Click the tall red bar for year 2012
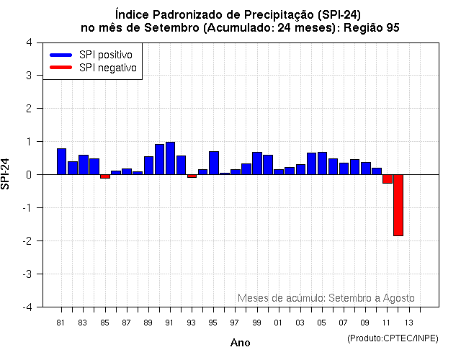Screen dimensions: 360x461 tap(398, 205)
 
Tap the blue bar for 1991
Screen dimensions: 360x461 tap(170, 158)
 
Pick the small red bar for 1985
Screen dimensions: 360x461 tap(104, 176)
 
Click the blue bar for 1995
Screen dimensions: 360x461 tap(214, 163)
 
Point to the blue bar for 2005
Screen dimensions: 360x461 tap(322, 163)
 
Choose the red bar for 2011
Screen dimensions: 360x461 tap(387, 179)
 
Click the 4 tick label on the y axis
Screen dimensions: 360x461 tap(28, 42)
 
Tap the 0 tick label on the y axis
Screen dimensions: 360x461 tap(28, 175)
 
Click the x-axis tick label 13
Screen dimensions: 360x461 tap(408, 322)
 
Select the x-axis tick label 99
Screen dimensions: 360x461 tap(257, 322)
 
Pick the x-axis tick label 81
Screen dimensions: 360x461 tap(61, 322)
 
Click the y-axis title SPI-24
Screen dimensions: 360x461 tap(6, 174)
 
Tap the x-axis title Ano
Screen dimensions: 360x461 tap(241, 343)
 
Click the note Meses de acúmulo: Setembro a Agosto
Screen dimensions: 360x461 tap(326, 298)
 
